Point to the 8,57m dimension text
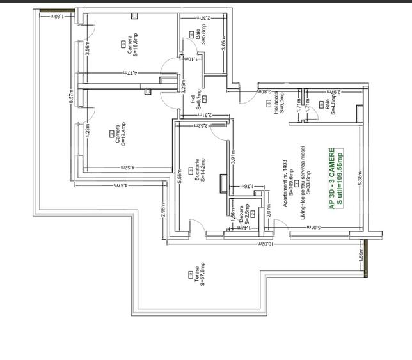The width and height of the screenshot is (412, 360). (x=71, y=95)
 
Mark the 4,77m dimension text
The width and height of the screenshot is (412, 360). (x=131, y=73)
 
